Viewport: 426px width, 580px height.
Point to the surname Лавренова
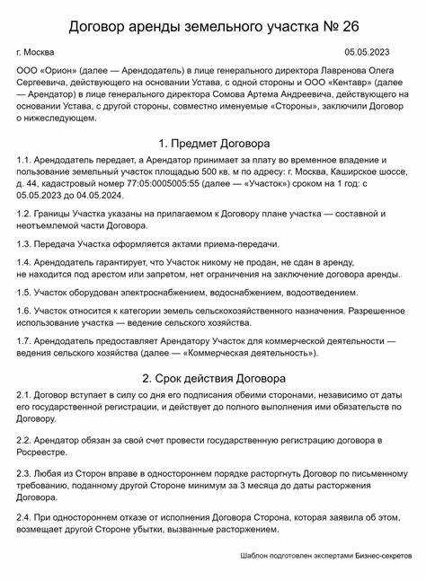pyautogui.click(x=345, y=69)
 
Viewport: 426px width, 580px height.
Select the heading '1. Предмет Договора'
pyautogui.click(x=213, y=143)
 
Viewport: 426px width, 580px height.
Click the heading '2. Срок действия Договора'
pyautogui.click(x=213, y=378)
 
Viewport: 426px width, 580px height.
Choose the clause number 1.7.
pyautogui.click(x=24, y=342)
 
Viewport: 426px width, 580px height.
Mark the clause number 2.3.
pyautogui.click(x=25, y=473)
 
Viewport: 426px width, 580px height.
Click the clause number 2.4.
pyautogui.click(x=25, y=519)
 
